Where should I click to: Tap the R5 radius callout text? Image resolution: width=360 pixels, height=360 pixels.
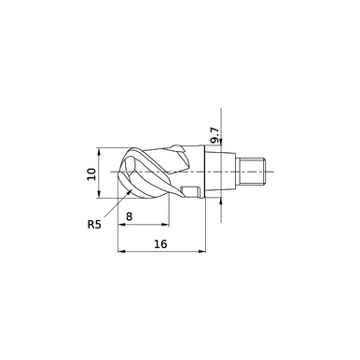click(x=95, y=224)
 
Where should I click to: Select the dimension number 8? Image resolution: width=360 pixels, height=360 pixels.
click(x=143, y=215)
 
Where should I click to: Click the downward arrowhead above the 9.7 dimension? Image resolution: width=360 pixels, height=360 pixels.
click(x=222, y=145)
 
